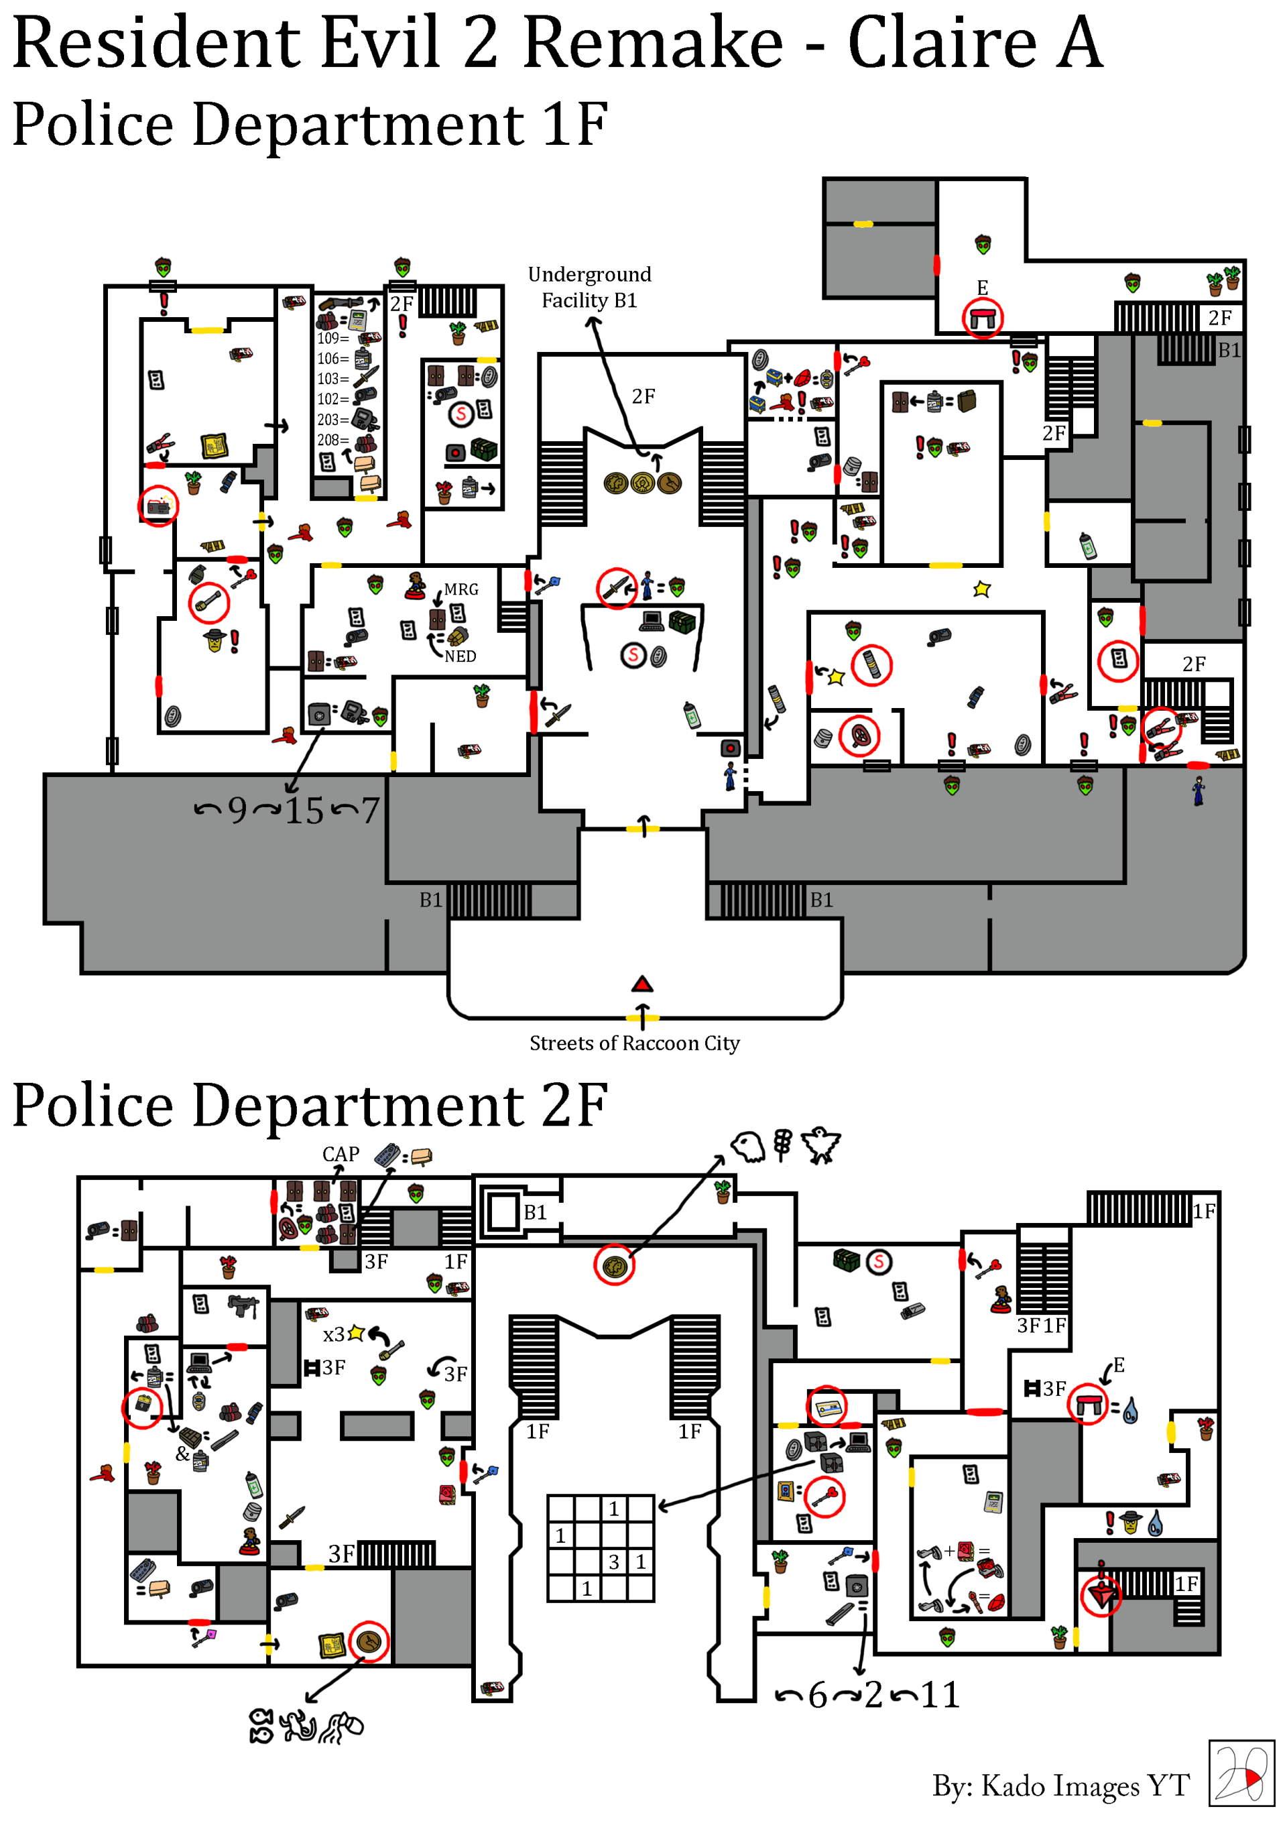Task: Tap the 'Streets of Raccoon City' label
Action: tap(634, 1043)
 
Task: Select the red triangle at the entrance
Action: tap(641, 984)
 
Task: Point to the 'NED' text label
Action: tap(460, 656)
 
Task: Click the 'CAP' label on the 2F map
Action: tap(341, 1154)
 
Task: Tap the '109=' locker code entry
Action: tap(332, 339)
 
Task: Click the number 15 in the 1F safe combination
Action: tap(304, 811)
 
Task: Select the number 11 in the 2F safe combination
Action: tap(940, 1695)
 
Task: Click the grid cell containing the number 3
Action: tap(614, 1562)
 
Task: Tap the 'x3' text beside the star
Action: tap(333, 1334)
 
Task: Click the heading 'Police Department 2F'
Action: tap(309, 1105)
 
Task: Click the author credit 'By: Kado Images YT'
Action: tap(1060, 1785)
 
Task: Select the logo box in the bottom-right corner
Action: tap(1240, 1773)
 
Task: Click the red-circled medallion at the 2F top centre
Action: tap(614, 1265)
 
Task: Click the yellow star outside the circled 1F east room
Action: tap(982, 589)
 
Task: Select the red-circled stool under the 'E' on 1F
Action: tap(983, 318)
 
